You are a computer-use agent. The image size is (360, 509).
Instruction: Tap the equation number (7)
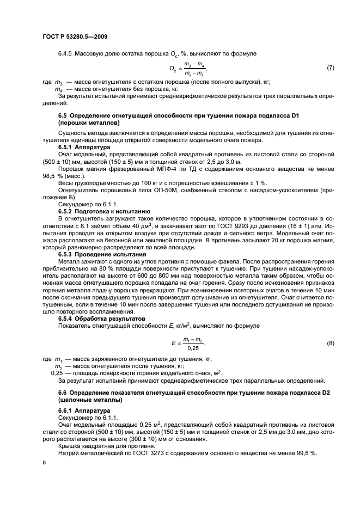point(330,68)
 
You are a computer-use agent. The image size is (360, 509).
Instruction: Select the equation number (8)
point(330,344)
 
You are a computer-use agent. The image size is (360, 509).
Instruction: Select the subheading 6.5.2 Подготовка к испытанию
point(99,210)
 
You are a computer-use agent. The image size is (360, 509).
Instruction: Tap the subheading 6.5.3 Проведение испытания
point(102,254)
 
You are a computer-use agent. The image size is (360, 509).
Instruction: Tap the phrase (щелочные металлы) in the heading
point(87,399)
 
